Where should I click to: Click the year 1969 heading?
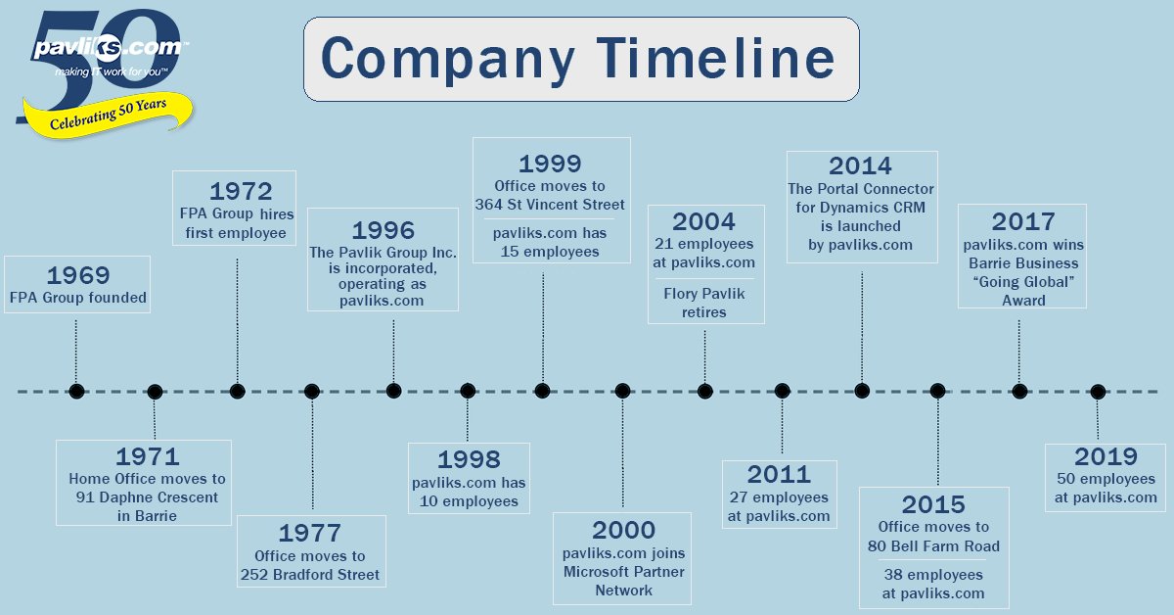tap(78, 275)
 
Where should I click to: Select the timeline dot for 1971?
tap(155, 392)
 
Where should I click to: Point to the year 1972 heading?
tap(240, 189)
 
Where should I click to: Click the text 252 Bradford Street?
tap(310, 574)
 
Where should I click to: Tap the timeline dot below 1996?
tap(393, 391)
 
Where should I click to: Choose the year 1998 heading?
tap(469, 458)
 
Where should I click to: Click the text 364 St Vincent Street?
tap(550, 204)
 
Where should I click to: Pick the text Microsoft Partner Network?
tap(624, 581)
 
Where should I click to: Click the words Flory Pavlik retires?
tap(705, 303)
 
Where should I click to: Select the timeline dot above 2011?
tap(782, 391)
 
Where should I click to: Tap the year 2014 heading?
tap(860, 166)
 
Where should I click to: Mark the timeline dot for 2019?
tap(1098, 392)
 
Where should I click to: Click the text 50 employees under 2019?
tap(1106, 479)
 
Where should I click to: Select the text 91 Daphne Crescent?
tap(147, 497)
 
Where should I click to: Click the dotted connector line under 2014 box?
tap(862, 323)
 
